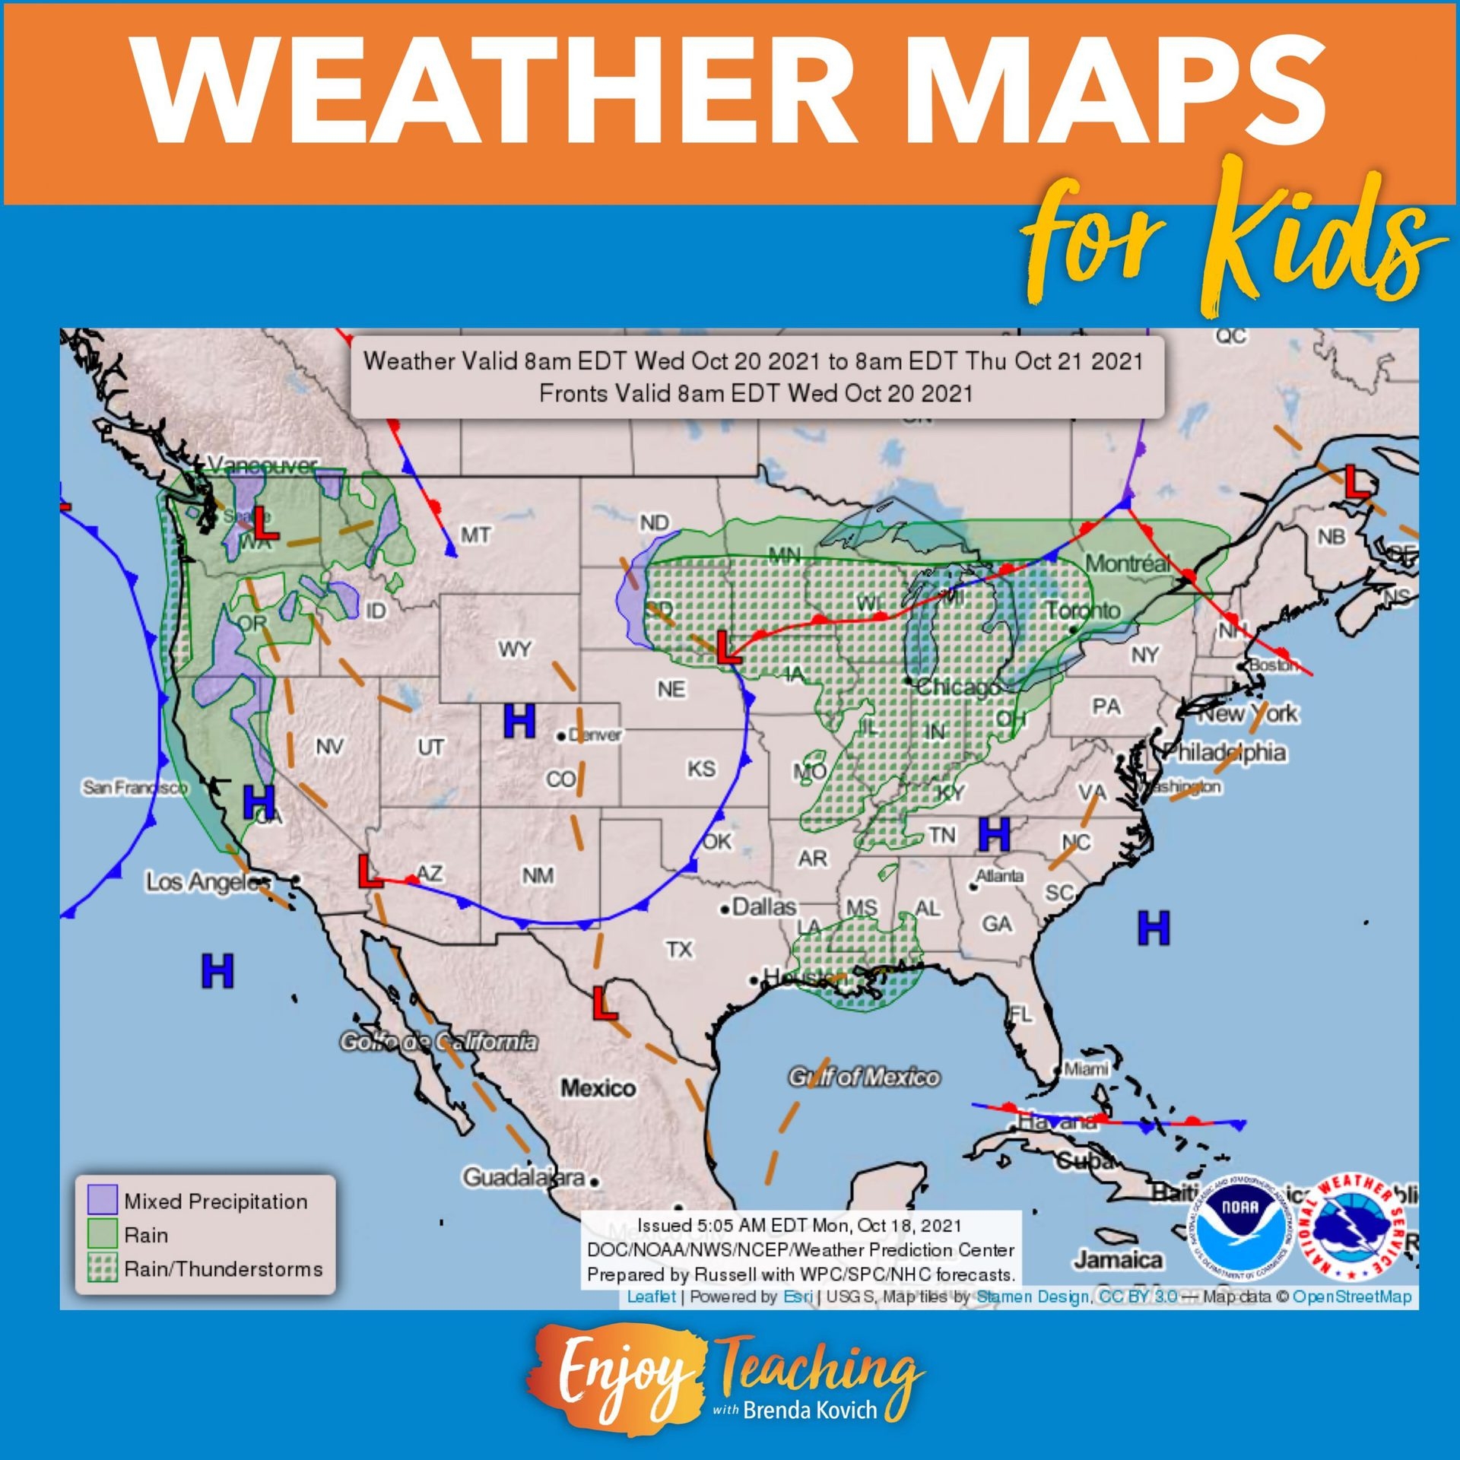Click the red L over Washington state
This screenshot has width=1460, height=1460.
pos(265,523)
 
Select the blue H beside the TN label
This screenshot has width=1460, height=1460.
pos(994,834)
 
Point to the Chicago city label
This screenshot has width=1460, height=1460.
pos(957,688)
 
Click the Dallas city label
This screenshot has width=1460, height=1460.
pos(763,907)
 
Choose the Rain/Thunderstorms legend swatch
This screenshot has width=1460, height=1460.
pos(102,1268)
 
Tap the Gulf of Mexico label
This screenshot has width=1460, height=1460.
pos(864,1078)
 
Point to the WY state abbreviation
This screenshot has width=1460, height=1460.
pos(515,649)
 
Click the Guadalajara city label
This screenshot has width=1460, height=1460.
pos(525,1178)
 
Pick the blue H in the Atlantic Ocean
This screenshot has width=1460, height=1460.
pos(1153,928)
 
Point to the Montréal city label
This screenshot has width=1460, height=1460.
pos(1128,564)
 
